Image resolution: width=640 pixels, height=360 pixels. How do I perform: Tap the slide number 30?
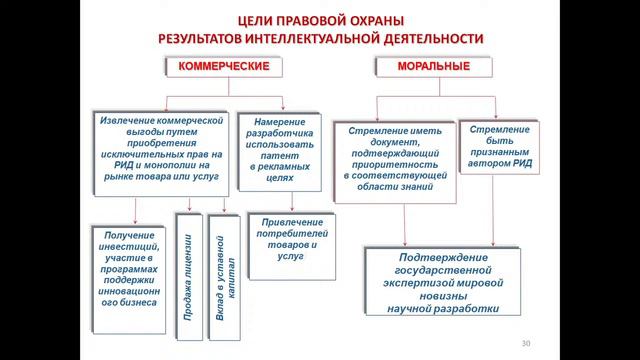pos(526,344)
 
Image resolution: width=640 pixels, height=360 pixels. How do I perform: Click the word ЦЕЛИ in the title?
pos(263,20)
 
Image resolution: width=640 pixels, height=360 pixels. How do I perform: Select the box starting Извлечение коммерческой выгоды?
pos(159,149)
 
